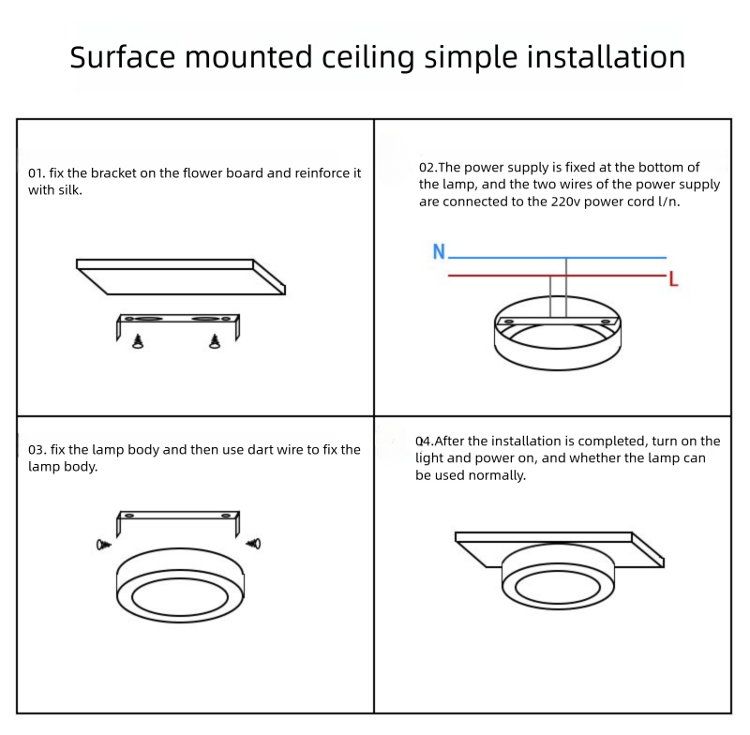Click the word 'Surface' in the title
[x=123, y=57]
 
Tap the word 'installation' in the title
[x=606, y=57]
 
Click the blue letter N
[x=439, y=251]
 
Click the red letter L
[x=673, y=278]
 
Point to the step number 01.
[x=37, y=173]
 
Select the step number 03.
[x=37, y=449]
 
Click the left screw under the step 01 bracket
[x=138, y=341]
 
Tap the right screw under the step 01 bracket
[x=215, y=341]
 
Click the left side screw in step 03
[x=104, y=545]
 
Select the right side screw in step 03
[x=253, y=543]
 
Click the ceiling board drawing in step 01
[x=181, y=277]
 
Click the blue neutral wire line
[x=557, y=258]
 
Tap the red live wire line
[x=557, y=276]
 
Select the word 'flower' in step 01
[x=202, y=173]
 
